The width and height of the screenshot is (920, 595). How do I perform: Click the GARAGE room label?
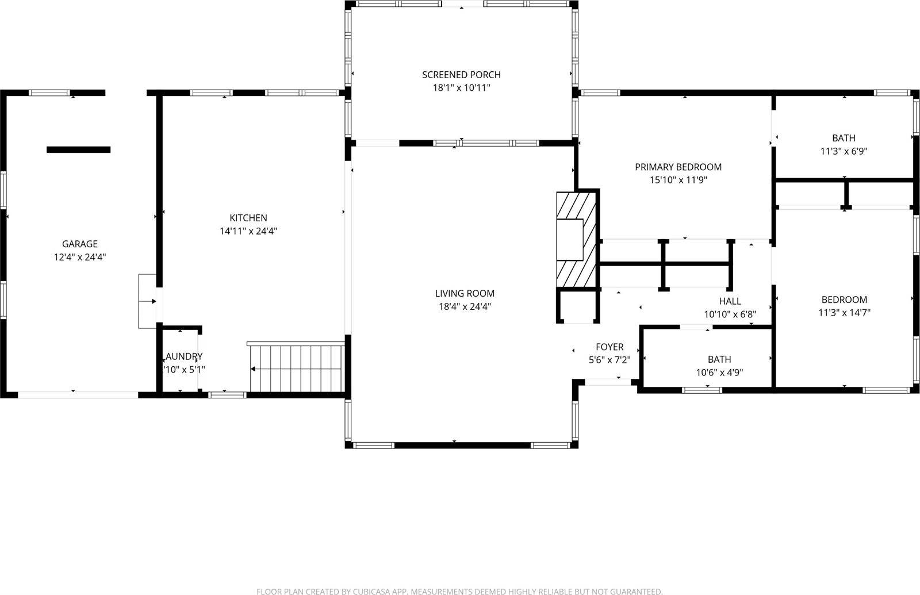(80, 244)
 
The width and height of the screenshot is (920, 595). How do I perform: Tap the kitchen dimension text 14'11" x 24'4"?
(248, 231)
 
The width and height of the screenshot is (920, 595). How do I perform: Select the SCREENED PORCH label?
(461, 75)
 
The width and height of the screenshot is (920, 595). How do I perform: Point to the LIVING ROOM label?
(465, 293)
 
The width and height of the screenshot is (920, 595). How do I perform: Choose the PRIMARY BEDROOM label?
(678, 167)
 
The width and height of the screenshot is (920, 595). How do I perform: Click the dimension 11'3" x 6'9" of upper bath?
(844, 152)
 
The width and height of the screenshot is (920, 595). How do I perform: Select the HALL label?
(730, 301)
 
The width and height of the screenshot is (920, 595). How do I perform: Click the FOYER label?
(609, 347)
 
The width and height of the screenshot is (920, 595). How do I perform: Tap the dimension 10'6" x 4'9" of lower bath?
(719, 373)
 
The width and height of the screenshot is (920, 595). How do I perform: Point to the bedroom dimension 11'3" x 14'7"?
(844, 313)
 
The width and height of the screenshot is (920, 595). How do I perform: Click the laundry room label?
(184, 356)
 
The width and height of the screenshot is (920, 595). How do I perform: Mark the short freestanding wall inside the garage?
(78, 150)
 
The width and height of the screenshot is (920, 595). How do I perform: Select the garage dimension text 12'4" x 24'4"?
(80, 257)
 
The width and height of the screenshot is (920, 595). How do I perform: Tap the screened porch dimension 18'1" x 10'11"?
(461, 88)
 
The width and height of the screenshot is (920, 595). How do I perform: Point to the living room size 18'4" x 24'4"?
(465, 306)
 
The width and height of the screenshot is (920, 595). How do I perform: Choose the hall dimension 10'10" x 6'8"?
(730, 314)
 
